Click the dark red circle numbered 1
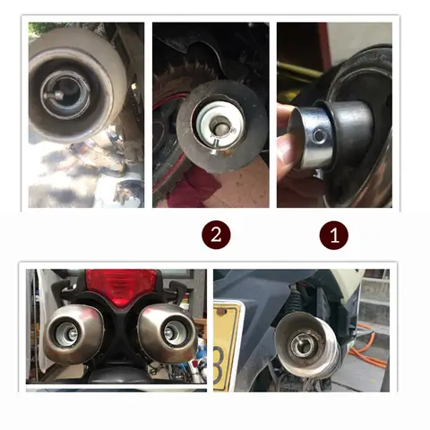(x=333, y=236)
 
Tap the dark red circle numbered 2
(x=216, y=236)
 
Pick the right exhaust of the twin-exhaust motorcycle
(x=168, y=332)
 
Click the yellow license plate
(x=228, y=345)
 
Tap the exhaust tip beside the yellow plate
(x=305, y=345)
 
